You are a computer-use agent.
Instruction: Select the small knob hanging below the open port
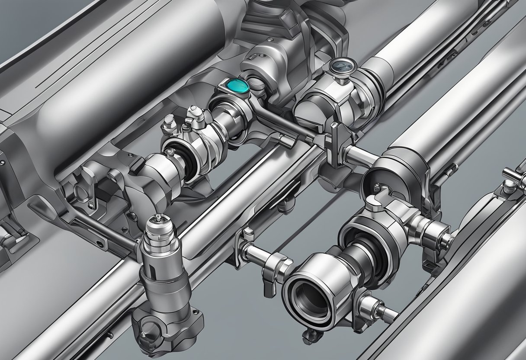tap(309, 334)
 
